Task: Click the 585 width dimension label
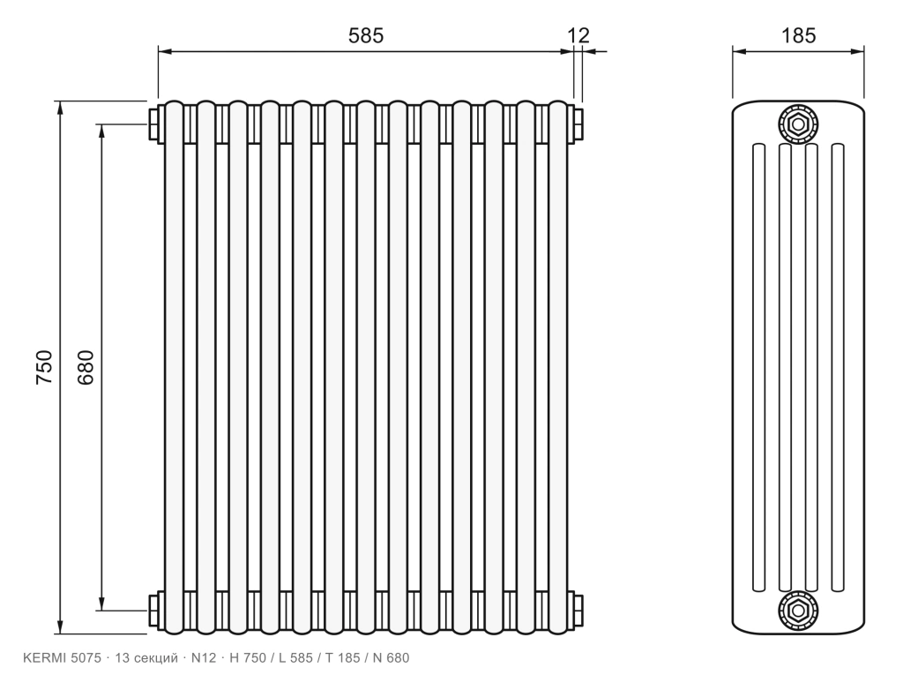tap(366, 36)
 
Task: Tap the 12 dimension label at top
tap(578, 36)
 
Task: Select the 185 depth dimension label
tap(798, 36)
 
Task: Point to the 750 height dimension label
tap(44, 367)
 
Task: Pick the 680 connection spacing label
tap(86, 367)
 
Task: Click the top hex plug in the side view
tap(798, 124)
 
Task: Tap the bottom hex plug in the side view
tap(798, 611)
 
